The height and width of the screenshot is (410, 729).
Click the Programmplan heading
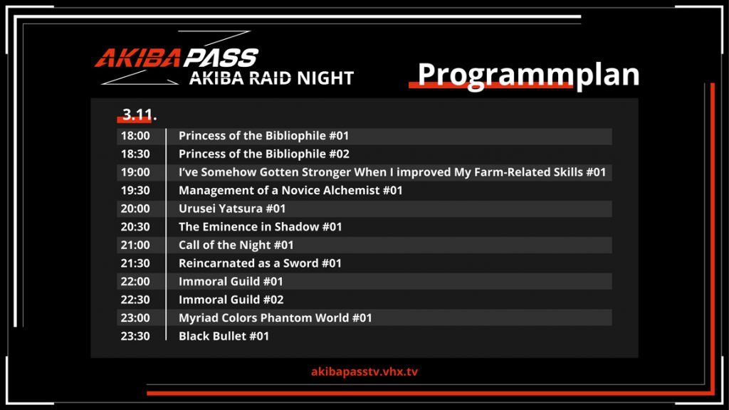tap(529, 75)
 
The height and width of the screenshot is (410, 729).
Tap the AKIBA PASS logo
tap(177, 58)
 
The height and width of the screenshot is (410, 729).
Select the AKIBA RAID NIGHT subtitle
tap(271, 78)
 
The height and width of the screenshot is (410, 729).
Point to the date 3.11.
tap(139, 115)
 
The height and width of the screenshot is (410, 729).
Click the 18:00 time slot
tap(135, 136)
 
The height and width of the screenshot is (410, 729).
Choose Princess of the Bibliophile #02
tap(264, 154)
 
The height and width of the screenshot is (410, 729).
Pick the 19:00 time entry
tap(135, 172)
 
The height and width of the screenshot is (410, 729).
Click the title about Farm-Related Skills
tap(392, 172)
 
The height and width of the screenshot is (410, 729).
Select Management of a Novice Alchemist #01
tap(290, 190)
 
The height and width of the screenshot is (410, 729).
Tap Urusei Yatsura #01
tap(232, 209)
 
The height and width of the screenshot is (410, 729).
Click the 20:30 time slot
tap(135, 227)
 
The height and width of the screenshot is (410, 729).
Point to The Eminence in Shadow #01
tap(261, 227)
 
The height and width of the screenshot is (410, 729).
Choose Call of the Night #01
tap(236, 245)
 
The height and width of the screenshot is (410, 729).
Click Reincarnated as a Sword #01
tap(260, 263)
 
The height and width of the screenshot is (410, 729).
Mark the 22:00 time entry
tap(135, 281)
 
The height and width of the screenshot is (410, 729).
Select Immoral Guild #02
tap(231, 300)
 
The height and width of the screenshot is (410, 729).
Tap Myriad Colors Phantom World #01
tap(276, 318)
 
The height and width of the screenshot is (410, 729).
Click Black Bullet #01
tap(224, 336)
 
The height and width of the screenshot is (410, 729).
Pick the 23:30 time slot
tap(135, 336)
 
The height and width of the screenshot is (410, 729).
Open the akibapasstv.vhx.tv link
tap(364, 372)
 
